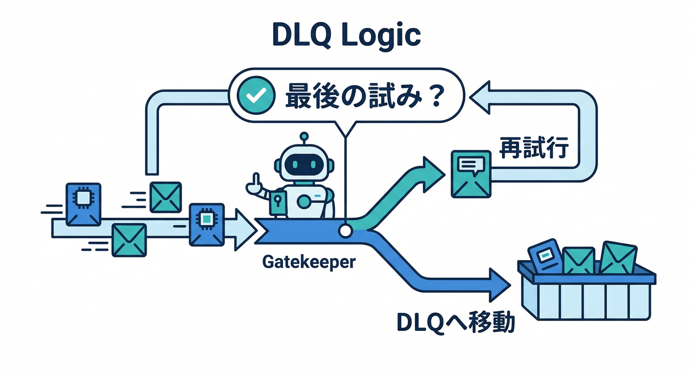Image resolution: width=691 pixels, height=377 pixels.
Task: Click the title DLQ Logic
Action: (x=346, y=35)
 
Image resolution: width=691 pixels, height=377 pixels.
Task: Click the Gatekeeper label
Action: (x=308, y=262)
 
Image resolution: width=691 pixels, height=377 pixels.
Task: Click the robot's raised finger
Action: (x=255, y=182)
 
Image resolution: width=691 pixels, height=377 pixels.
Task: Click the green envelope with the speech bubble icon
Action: (x=471, y=174)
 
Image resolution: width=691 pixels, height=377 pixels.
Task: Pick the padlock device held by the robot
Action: (x=277, y=202)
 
